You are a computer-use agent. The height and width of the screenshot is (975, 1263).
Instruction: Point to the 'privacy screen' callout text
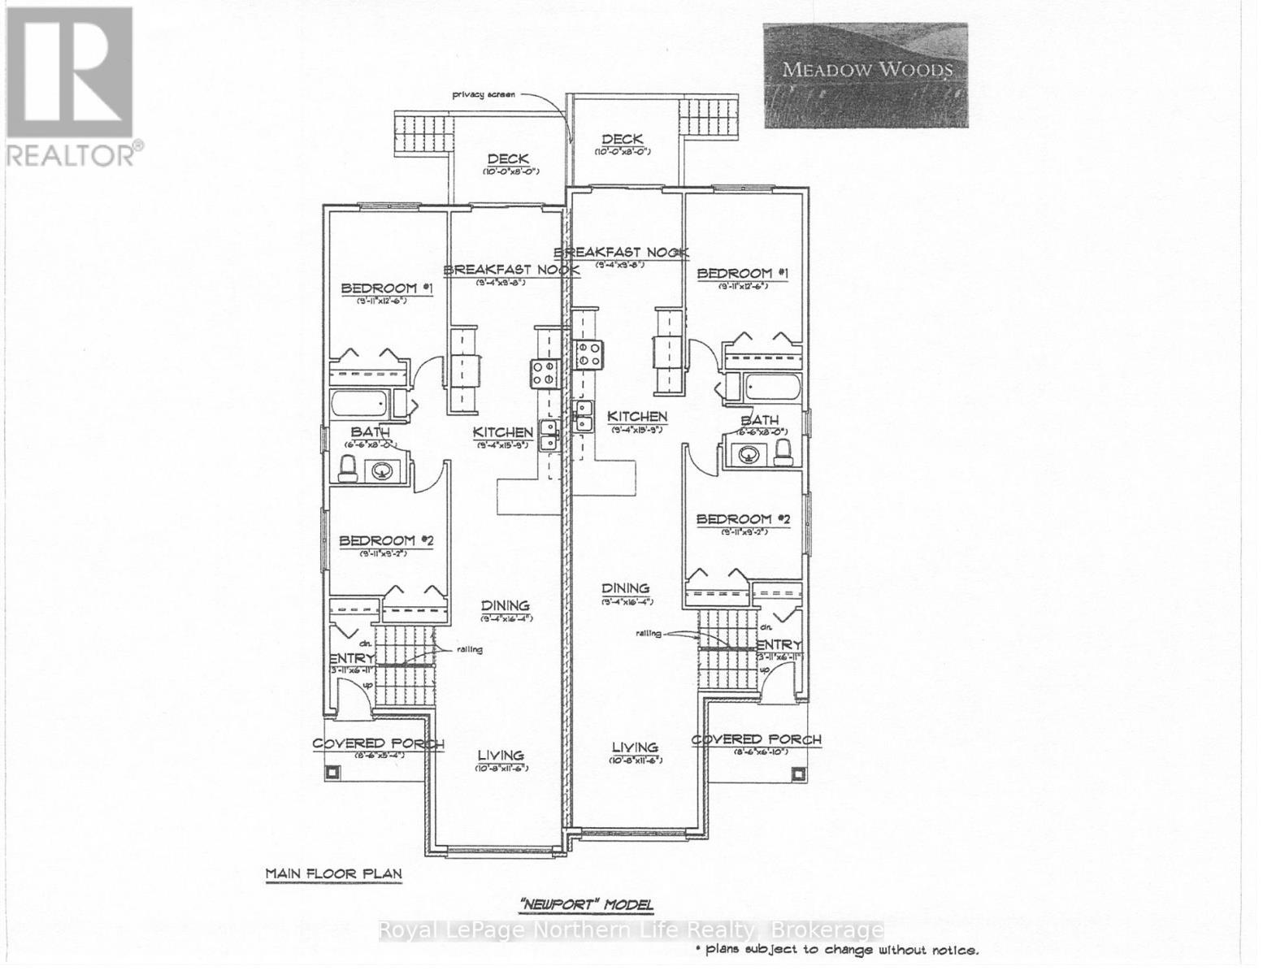point(484,95)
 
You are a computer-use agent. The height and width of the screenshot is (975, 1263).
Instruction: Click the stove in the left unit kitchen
point(544,371)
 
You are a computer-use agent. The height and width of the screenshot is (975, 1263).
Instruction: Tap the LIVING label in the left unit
point(501,756)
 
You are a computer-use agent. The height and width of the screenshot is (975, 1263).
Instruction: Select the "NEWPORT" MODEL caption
point(586,904)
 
